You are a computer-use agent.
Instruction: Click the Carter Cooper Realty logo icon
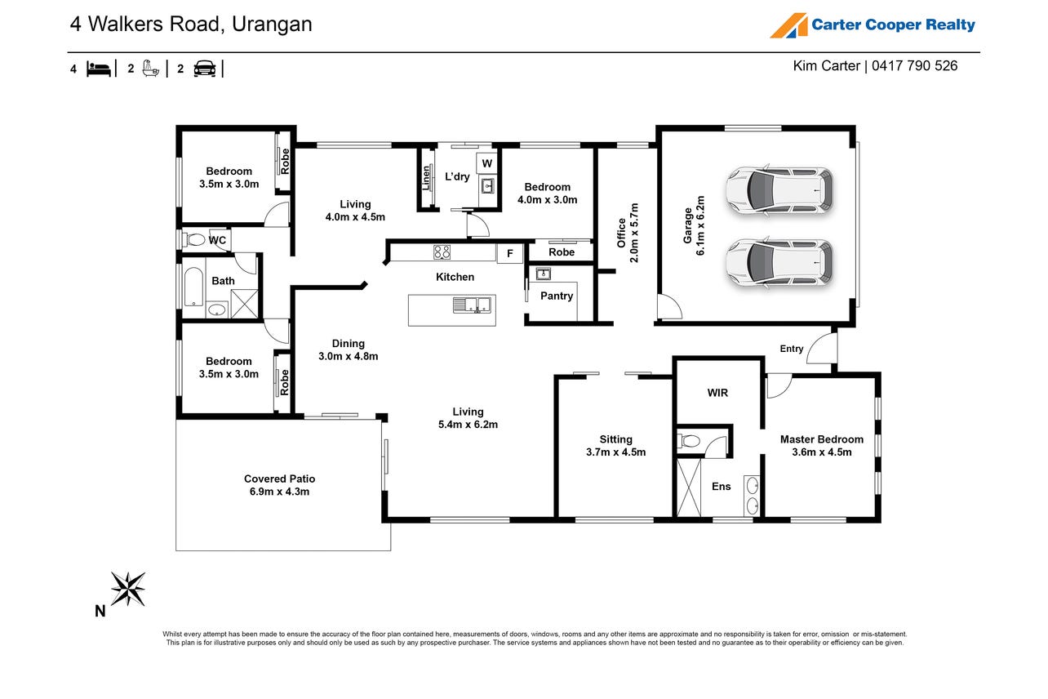788,25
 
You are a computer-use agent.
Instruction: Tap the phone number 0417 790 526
915,66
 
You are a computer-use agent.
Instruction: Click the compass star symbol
127,589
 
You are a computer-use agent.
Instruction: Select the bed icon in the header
99,69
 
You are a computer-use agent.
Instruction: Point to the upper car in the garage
779,190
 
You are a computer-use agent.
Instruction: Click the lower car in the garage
779,263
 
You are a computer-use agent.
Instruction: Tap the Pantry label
557,296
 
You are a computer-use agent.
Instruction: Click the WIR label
717,393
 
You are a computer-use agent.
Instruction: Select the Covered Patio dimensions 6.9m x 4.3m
279,492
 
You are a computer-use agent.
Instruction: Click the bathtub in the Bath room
193,286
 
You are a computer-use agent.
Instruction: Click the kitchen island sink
472,305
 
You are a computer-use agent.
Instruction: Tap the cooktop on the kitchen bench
442,252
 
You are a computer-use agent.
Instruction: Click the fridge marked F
509,254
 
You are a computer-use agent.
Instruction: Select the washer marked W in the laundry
486,163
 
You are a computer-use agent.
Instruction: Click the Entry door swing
821,347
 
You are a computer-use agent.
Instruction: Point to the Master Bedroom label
822,439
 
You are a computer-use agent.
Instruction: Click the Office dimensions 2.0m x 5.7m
634,233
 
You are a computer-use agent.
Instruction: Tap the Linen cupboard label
426,178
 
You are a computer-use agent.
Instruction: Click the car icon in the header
204,69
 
